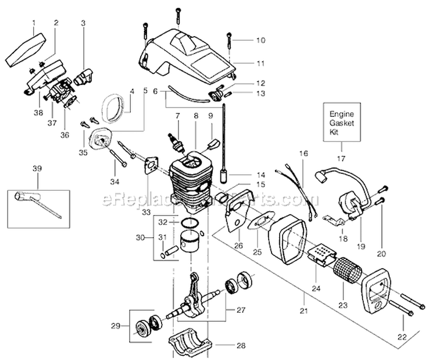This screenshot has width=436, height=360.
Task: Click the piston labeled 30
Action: pyautogui.click(x=187, y=242)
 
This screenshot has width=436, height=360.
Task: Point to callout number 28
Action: pyautogui.click(x=241, y=344)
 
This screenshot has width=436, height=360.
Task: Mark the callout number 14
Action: pyautogui.click(x=260, y=173)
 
